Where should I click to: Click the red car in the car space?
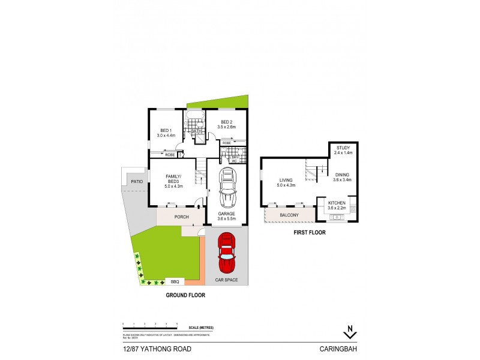pos(226,255)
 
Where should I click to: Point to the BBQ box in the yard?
pos(175,281)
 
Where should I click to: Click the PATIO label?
pos(137,181)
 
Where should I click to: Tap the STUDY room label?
pos(343,148)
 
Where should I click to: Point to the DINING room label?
pos(341,175)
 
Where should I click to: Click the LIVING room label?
pos(285,179)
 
